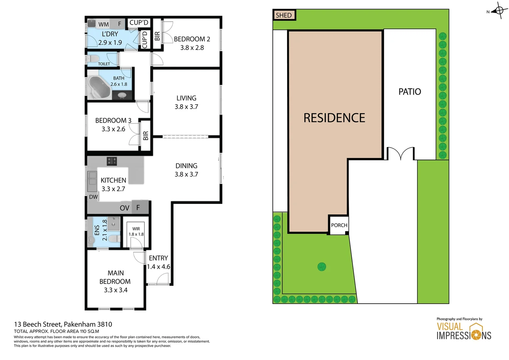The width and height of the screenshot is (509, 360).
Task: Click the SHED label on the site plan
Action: coord(284,15)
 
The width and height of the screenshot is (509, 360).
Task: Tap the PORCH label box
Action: coord(339,225)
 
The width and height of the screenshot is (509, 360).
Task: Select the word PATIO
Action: coord(409,92)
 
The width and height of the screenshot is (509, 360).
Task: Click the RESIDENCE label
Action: coord(334,118)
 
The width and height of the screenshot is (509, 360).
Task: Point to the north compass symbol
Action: coord(499,11)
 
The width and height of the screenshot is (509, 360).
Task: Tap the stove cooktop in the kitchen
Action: coord(112,161)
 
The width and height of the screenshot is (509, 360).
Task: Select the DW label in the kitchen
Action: coord(93,197)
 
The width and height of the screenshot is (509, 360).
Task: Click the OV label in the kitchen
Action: coord(124,208)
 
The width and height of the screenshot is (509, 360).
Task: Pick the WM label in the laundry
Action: coord(103,24)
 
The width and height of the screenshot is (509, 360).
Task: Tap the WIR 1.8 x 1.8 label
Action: coord(136,231)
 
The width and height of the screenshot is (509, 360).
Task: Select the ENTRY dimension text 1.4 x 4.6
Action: coord(159,267)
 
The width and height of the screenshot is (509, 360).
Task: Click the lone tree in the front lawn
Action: coord(321,267)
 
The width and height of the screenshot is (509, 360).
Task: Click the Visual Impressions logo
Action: coord(464,331)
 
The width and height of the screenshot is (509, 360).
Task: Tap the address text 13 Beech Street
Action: coord(38,324)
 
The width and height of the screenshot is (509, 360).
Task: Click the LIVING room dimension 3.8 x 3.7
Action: coord(186,107)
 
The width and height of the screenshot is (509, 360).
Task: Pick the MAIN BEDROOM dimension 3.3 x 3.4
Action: coord(116,290)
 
